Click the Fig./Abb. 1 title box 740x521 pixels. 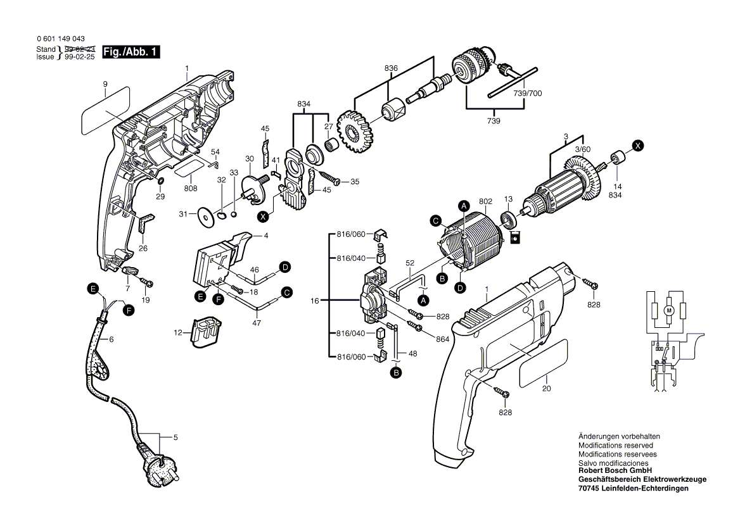[x=131, y=52]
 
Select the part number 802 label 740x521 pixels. [x=485, y=201]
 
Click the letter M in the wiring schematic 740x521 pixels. [x=668, y=310]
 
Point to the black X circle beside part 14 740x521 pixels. [x=637, y=146]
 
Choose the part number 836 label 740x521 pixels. [x=391, y=68]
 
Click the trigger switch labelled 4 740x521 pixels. [x=219, y=260]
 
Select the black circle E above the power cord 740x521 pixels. [x=93, y=289]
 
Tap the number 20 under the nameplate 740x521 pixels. [x=547, y=389]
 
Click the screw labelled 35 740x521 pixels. [x=330, y=179]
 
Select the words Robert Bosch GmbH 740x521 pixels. [x=615, y=470]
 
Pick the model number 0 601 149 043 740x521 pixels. [x=60, y=39]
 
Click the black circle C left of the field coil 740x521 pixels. [x=436, y=221]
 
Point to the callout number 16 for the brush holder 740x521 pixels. [x=315, y=300]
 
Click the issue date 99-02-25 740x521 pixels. [x=79, y=56]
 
